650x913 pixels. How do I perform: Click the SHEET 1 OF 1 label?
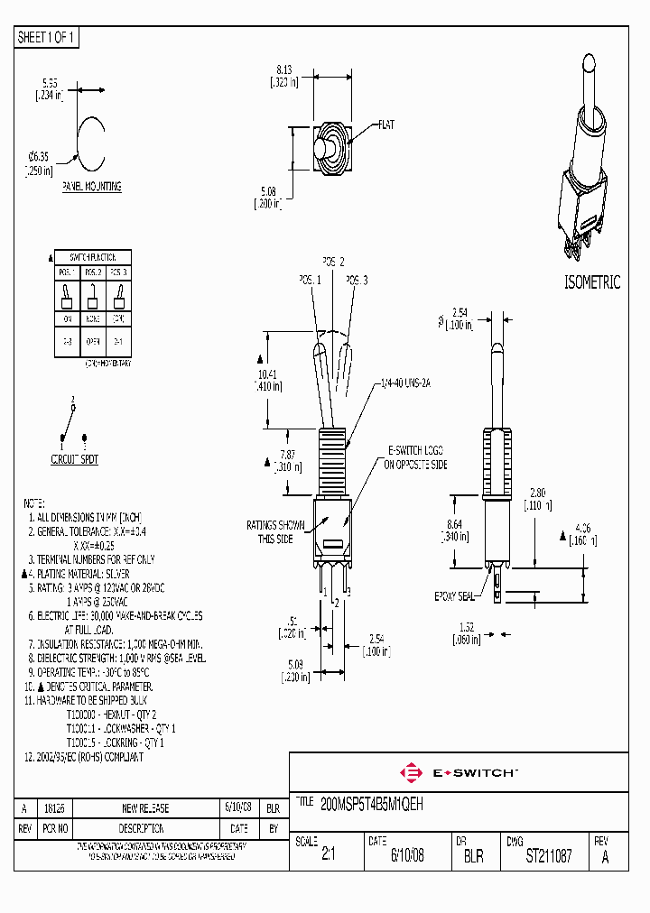pos(47,38)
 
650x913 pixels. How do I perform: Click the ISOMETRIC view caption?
pos(592,282)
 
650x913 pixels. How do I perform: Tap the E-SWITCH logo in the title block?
pos(460,772)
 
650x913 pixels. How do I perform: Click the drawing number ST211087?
pos(548,856)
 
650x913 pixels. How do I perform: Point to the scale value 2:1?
pos(328,856)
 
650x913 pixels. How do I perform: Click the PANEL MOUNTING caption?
pos(91,187)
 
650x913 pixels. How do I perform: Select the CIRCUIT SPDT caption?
pos(74,459)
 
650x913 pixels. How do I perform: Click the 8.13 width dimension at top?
pos(283,69)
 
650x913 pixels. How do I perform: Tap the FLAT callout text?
pos(386,124)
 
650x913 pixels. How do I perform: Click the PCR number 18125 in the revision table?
pos(57,808)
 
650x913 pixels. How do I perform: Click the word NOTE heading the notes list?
pos(33,502)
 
